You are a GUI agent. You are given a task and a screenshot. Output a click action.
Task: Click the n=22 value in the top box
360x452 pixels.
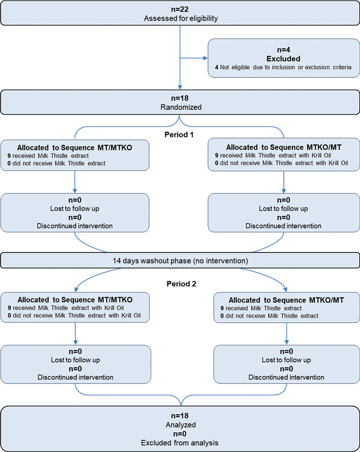click(180, 7)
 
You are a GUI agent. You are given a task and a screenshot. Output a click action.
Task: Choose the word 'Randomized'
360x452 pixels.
click(180, 108)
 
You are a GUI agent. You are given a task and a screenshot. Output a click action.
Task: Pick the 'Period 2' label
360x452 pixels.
click(180, 283)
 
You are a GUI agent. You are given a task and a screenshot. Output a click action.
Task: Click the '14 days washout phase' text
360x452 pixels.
click(180, 260)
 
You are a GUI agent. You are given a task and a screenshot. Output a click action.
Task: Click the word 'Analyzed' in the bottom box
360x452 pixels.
click(180, 424)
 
